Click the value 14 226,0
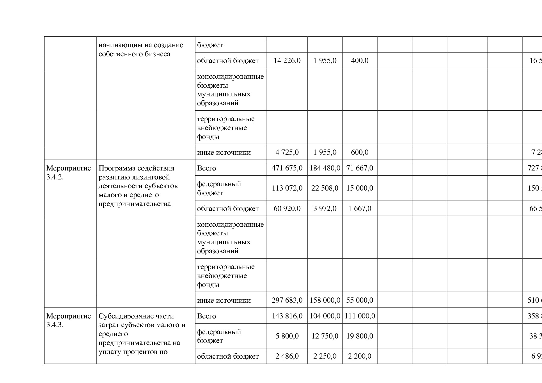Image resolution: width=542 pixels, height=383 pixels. pos(287,61)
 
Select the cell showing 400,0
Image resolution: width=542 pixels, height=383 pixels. pos(360,61)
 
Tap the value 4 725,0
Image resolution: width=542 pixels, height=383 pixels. pos(287,152)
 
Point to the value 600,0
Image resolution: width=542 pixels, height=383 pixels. pos(360,152)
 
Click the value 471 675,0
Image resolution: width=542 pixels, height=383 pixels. pos(287,168)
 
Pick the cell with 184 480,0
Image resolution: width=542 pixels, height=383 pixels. pos(325,168)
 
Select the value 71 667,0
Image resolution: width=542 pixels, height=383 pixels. pos(360,168)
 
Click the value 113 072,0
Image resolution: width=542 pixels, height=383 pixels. pos(287,188)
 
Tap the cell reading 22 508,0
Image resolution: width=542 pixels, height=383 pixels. pos(325,188)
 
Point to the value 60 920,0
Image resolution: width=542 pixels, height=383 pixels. pos(287,208)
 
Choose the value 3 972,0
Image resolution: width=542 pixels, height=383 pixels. pos(325,208)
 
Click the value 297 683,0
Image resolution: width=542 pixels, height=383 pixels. pos(287,300)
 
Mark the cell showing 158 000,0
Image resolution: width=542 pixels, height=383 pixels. pos(325,300)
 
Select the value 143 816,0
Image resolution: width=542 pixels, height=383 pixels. pos(287,316)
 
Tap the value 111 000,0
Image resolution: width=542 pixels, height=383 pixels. pos(360,316)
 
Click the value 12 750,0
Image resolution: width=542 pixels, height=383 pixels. pos(325,336)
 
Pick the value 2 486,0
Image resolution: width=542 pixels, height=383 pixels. pos(287,356)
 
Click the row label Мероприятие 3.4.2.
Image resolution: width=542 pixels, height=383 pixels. pos(69,173)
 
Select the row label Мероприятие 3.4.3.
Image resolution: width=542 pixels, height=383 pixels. pos(69,320)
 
